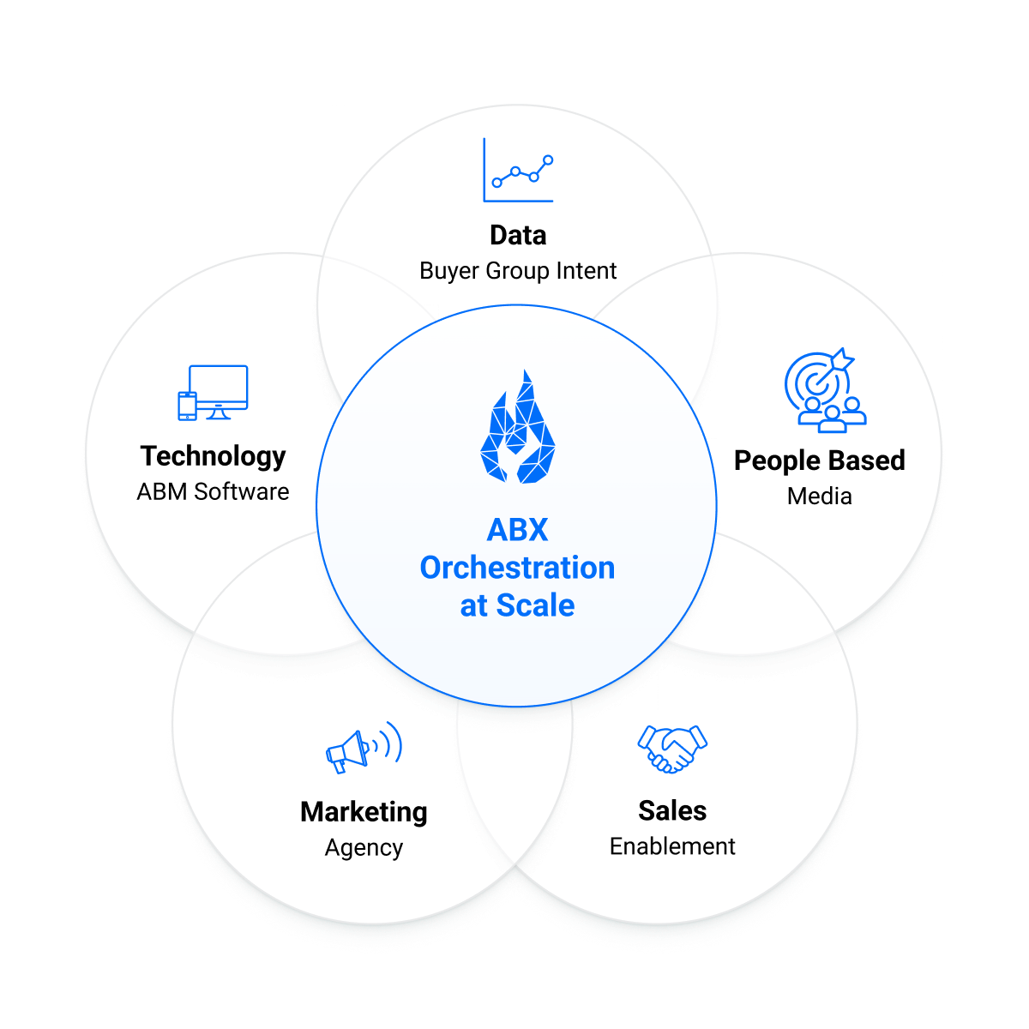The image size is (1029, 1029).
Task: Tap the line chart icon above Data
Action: tap(518, 171)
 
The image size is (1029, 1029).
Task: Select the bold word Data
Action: tap(518, 235)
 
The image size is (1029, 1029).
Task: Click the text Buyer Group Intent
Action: tap(518, 271)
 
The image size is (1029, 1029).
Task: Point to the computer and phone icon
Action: tap(213, 393)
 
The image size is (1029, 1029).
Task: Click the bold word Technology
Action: tap(213, 456)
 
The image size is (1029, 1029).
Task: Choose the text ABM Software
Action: tap(213, 492)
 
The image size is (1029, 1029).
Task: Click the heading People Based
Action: tap(819, 460)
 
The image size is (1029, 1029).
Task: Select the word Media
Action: tap(819, 496)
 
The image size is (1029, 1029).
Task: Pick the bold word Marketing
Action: tap(364, 811)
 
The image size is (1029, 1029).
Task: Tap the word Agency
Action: tap(364, 848)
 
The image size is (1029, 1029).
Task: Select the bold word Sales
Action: tap(672, 810)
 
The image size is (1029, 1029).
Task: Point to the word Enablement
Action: tap(672, 846)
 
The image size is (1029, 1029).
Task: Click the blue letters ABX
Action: tap(517, 530)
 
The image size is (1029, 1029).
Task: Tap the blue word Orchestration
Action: tap(517, 568)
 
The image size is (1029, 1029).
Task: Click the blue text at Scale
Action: tap(517, 605)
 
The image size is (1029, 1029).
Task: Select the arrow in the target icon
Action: tap(837, 363)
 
